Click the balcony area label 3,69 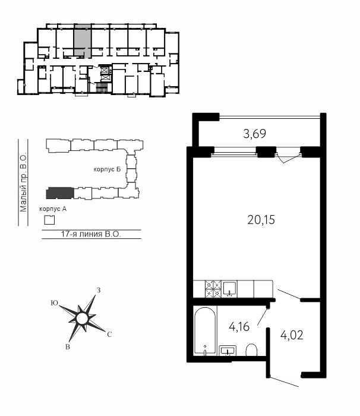[x=254, y=134]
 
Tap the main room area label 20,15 [x=261, y=220]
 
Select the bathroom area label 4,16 [x=239, y=327]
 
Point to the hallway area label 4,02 [x=292, y=335]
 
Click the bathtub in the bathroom [x=204, y=330]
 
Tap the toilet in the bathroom [x=251, y=350]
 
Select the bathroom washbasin [x=228, y=351]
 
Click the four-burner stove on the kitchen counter [x=213, y=289]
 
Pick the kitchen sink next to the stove [x=229, y=289]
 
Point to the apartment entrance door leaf [x=284, y=382]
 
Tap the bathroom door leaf [x=263, y=316]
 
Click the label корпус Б [x=107, y=169]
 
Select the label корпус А [x=53, y=209]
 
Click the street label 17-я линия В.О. [x=91, y=234]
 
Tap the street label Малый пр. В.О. [x=23, y=182]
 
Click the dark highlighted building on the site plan [x=60, y=193]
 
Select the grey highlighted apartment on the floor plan [x=83, y=40]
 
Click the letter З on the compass [x=99, y=290]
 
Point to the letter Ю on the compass [x=55, y=303]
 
